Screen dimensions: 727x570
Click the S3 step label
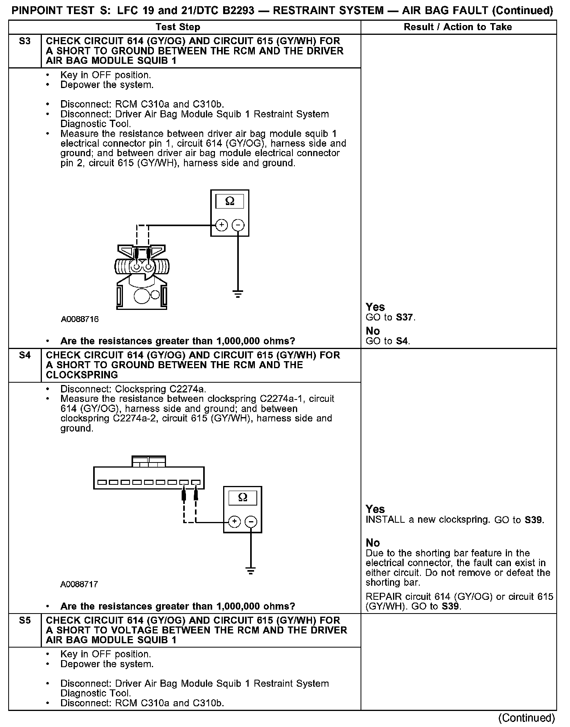point(25,41)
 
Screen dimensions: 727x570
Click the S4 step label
point(25,355)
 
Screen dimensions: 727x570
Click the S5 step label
point(25,621)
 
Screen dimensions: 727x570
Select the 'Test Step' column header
point(178,27)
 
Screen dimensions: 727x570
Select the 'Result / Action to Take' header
point(458,27)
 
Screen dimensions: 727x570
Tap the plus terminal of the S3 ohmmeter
point(222,225)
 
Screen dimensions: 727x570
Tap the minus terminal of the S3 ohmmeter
point(238,225)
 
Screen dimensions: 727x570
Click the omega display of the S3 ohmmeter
point(230,202)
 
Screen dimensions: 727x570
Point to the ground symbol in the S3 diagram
point(238,293)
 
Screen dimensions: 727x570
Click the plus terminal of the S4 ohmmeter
point(234,522)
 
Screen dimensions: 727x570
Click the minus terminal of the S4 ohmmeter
point(251,522)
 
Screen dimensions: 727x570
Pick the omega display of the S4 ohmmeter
point(243,498)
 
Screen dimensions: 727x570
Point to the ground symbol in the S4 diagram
point(251,571)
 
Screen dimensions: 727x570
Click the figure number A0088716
point(80,319)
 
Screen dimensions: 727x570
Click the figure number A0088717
point(79,585)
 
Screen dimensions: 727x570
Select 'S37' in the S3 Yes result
point(404,317)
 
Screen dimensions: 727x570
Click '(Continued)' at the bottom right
point(527,718)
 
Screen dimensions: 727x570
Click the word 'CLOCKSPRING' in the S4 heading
point(76,375)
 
